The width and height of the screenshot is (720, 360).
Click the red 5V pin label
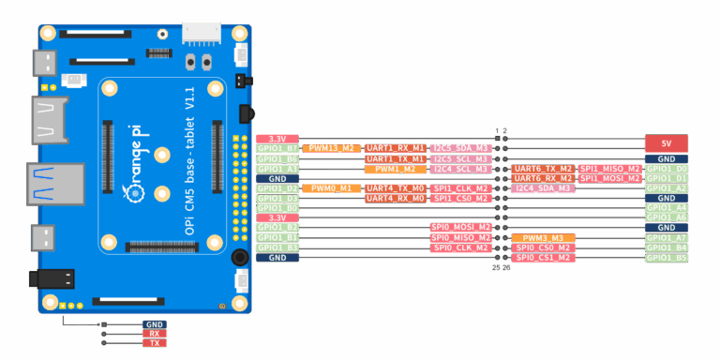click(667, 143)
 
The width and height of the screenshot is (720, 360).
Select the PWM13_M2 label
click(332, 148)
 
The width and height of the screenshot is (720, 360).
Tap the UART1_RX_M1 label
click(395, 148)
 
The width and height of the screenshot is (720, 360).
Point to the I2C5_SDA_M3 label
click(460, 148)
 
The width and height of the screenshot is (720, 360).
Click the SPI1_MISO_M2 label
click(609, 169)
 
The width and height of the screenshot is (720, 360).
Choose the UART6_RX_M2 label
click(543, 178)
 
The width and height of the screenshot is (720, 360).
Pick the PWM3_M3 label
click(543, 238)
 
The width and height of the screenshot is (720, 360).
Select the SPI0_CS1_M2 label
click(543, 258)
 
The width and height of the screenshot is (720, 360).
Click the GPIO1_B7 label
click(277, 148)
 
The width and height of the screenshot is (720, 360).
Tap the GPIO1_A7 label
click(667, 238)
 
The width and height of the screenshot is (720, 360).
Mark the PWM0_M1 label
click(332, 188)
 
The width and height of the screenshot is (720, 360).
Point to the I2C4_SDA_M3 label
click(543, 188)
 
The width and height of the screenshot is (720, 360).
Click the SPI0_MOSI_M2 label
click(460, 227)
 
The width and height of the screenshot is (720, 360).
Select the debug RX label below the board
click(155, 334)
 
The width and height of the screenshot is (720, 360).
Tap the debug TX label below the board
click(155, 343)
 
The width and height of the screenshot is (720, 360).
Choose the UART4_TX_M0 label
click(395, 188)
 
